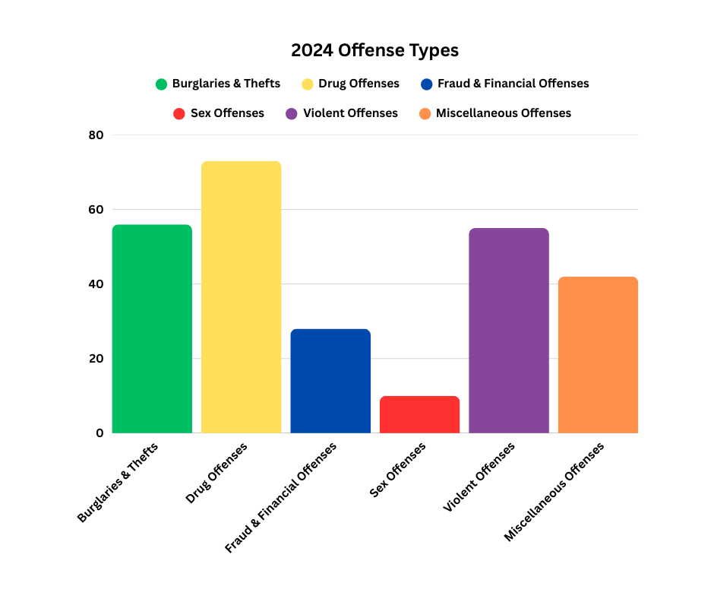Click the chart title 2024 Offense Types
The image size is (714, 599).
[374, 51]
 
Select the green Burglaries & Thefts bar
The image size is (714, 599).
[152, 328]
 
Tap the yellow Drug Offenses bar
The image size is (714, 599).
[241, 297]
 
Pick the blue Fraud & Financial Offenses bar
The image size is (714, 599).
[330, 381]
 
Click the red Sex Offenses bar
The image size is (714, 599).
[419, 414]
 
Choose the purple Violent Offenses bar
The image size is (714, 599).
[508, 331]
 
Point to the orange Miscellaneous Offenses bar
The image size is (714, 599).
[598, 355]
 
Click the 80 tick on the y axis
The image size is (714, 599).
[96, 135]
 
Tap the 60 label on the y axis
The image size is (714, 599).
[96, 210]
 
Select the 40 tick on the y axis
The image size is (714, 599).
[96, 284]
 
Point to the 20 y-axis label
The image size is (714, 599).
[96, 359]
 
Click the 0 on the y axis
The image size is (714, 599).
[100, 433]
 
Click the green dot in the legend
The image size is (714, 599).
[161, 84]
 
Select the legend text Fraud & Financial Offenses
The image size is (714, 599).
[513, 84]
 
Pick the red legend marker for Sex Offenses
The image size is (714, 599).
[179, 113]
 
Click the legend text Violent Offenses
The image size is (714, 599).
[350, 113]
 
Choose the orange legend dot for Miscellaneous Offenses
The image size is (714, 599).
[425, 113]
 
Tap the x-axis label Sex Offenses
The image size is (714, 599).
[398, 471]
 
